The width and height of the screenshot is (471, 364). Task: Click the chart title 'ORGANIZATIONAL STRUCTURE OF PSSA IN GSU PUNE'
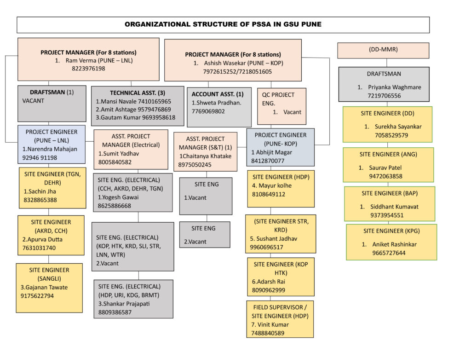point(223,24)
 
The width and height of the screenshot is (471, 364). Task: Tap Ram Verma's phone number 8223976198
point(89,69)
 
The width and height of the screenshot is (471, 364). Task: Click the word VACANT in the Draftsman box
point(33,101)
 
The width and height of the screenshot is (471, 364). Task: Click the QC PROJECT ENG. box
point(281,106)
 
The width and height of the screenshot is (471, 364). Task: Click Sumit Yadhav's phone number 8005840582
point(115,162)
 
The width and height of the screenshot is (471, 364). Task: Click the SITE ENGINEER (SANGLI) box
point(49,288)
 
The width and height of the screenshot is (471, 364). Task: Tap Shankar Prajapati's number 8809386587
point(115,312)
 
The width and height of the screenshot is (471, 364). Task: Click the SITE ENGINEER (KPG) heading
point(391,231)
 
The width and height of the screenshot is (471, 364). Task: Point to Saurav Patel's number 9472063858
point(385,176)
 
